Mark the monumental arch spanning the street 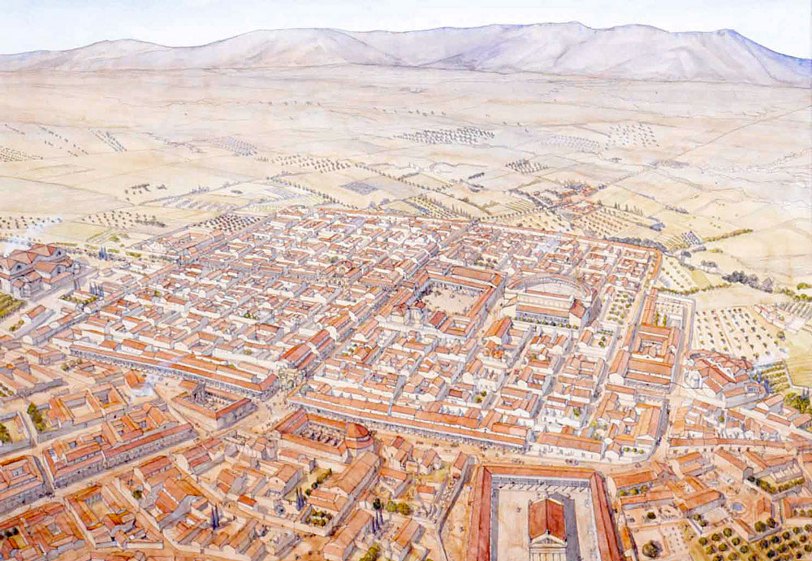285,381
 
